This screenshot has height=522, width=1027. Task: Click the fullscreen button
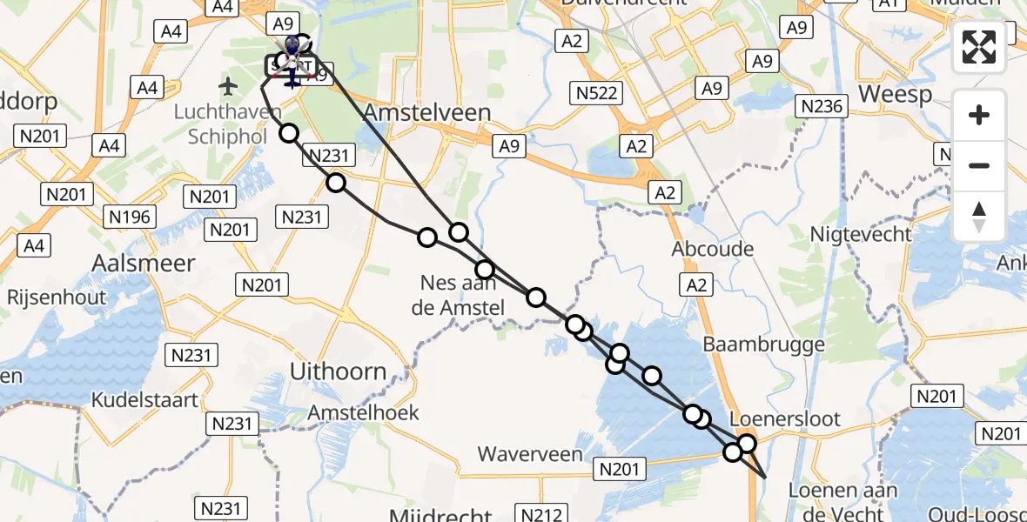[x=979, y=47]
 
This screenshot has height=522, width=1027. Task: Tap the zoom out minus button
[x=979, y=165]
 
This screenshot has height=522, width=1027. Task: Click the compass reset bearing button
[x=979, y=217]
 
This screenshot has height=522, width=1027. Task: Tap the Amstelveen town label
[x=427, y=112]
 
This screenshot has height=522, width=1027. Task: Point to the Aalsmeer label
[x=144, y=263]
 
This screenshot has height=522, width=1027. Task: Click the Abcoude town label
[x=713, y=249]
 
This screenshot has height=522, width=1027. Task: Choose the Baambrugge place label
[x=763, y=345]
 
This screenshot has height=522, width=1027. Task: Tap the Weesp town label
[x=895, y=94]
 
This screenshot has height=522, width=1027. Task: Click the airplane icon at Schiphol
[x=228, y=86]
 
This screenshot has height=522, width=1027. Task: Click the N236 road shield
[x=822, y=106]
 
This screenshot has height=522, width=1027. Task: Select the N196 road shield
[x=129, y=217]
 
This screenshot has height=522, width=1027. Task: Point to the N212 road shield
[x=541, y=513]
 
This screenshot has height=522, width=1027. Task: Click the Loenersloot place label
[x=786, y=418]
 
